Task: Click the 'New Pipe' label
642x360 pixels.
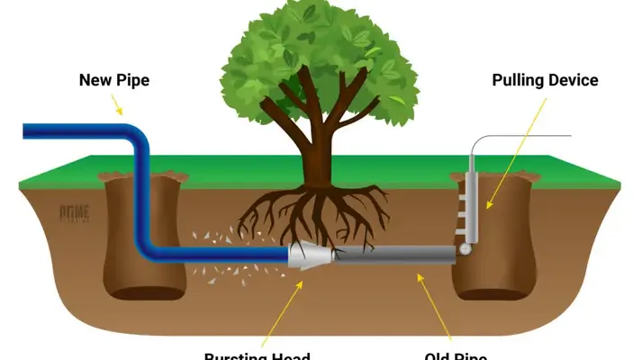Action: (x=113, y=80)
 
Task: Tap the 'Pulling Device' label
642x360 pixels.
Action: (x=545, y=80)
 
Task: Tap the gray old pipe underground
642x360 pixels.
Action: (x=396, y=255)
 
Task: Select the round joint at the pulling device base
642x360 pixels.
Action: (x=465, y=247)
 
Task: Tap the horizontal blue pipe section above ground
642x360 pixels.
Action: (x=72, y=132)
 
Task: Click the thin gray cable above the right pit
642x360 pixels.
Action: (x=531, y=136)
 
